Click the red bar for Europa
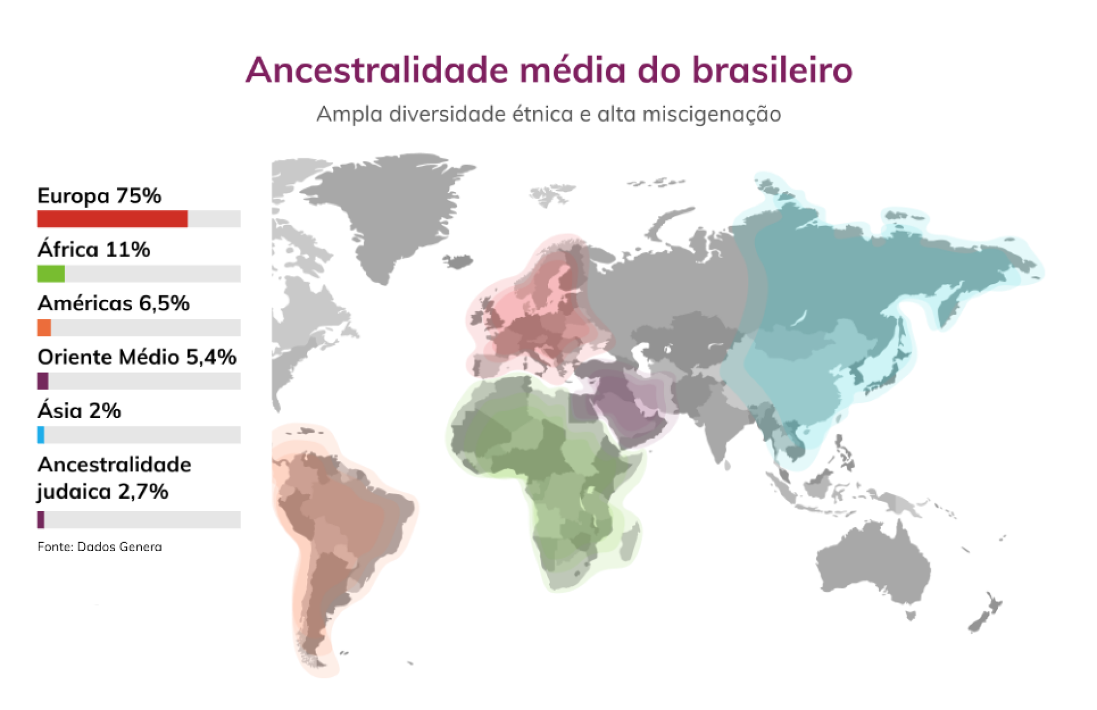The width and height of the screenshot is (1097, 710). click(x=113, y=219)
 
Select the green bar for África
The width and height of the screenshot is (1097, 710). click(x=51, y=274)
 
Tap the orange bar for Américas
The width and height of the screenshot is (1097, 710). click(x=44, y=327)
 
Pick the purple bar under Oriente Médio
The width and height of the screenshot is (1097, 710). click(x=43, y=381)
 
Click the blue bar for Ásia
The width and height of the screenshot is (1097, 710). click(x=41, y=435)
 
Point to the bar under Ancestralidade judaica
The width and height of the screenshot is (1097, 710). click(x=41, y=520)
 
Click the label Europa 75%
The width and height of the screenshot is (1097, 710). click(x=99, y=196)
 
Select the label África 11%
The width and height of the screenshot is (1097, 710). click(x=94, y=249)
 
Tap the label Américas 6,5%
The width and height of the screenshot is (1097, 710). click(x=114, y=303)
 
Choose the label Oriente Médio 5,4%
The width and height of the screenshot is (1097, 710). click(x=137, y=357)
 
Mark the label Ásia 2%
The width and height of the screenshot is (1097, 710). click(x=79, y=411)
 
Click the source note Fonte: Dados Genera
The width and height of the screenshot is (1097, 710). click(x=100, y=547)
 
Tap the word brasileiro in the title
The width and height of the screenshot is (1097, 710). click(x=772, y=70)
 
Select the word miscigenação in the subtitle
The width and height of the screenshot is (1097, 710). click(x=712, y=115)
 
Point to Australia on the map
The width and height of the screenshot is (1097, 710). click(x=873, y=565)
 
